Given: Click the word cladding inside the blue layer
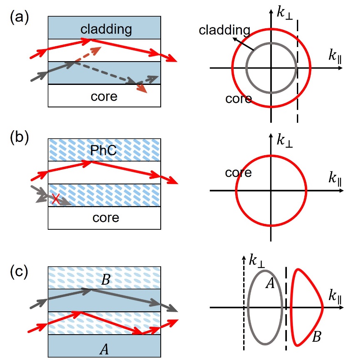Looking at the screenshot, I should (106, 29).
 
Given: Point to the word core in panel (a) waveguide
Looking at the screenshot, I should (104, 97).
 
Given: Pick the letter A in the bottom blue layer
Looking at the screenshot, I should (105, 347).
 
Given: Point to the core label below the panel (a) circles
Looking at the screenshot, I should (239, 99).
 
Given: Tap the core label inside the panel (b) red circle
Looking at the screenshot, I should (238, 172).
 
